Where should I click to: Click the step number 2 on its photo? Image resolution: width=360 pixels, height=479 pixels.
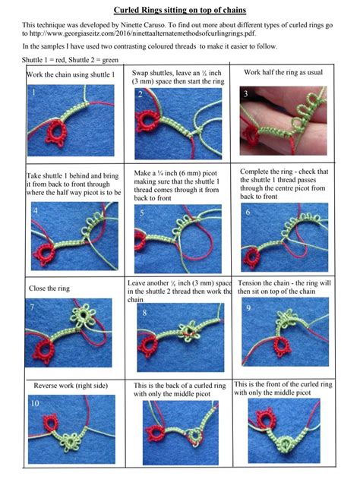141,94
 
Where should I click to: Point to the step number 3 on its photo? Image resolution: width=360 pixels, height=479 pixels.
245,93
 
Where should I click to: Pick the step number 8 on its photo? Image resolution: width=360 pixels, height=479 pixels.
144,312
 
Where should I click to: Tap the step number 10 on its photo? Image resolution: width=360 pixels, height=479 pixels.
35,403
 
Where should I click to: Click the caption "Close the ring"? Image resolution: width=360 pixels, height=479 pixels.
47,288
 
